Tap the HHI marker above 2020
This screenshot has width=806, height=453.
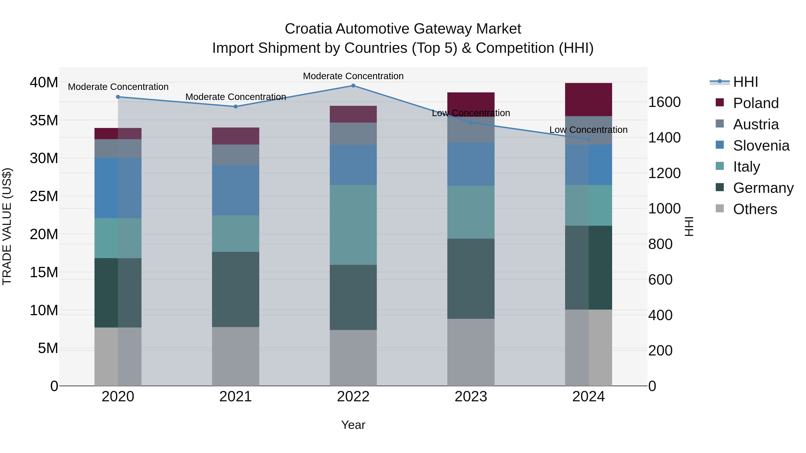(118, 97)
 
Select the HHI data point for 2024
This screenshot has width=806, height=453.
(589, 139)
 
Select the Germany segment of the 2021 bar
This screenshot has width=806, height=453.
(236, 289)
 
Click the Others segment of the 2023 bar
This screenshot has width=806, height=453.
(471, 352)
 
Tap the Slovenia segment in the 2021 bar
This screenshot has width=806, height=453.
(236, 190)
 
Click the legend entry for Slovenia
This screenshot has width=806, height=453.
(761, 146)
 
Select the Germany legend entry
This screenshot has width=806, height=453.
(763, 188)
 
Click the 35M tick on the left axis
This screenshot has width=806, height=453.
(44, 120)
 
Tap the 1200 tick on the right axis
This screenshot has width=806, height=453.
(664, 173)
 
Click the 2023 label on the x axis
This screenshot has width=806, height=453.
(471, 397)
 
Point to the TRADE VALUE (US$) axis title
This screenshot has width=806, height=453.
(7, 226)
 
